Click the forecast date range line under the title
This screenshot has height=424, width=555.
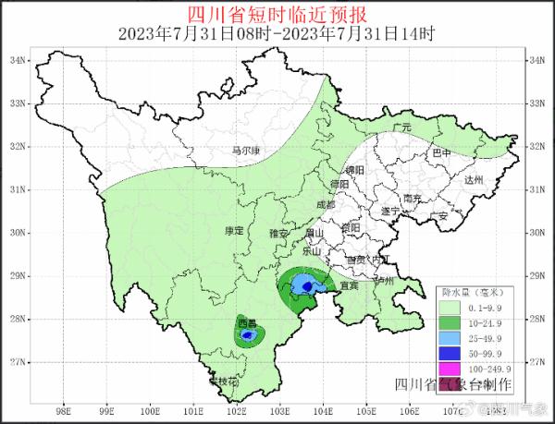click(x=277, y=33)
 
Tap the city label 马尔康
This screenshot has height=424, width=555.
click(x=244, y=151)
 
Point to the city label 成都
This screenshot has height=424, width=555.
click(x=326, y=204)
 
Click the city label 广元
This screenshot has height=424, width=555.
click(x=401, y=127)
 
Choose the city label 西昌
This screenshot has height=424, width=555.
click(x=247, y=323)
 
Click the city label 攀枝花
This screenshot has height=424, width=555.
click(x=223, y=381)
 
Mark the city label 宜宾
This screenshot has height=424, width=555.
click(x=348, y=286)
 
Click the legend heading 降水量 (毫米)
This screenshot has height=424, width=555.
click(x=474, y=290)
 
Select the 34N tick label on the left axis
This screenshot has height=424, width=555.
click(x=17, y=60)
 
